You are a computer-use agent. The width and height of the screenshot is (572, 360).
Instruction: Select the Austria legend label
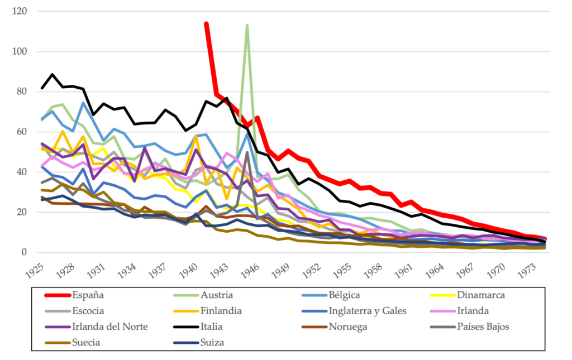(x=217, y=295)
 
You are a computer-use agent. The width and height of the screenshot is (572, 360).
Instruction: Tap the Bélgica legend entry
(x=344, y=295)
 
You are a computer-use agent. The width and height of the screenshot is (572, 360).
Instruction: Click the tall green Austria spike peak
(x=247, y=26)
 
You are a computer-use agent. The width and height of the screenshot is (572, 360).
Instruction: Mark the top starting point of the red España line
(x=206, y=24)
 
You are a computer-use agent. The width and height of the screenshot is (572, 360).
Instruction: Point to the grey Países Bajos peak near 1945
(x=247, y=152)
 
